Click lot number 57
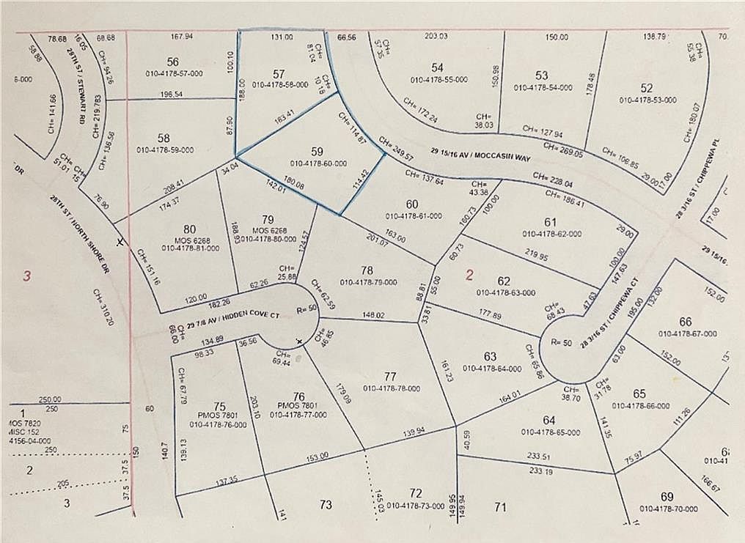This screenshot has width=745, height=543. [x=278, y=73]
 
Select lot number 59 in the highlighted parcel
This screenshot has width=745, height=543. [x=317, y=151]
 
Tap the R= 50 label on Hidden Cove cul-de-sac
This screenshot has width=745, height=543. [x=307, y=309]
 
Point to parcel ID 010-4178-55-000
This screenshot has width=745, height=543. [x=437, y=79]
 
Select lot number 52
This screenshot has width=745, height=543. [x=646, y=88]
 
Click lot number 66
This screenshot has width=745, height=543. [x=686, y=322]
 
